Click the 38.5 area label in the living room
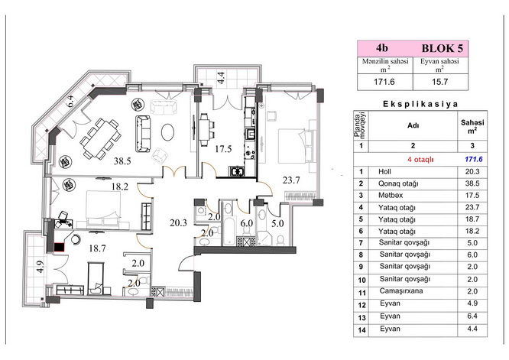click(122, 161)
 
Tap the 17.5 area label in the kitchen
click(223, 149)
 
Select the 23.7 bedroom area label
click(291, 180)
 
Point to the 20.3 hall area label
click(178, 222)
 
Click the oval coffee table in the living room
click(168, 131)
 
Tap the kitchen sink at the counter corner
click(236, 170)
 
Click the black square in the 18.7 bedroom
click(59, 248)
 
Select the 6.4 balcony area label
click(70, 102)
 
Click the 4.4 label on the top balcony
click(221, 78)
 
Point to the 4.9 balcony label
click(40, 267)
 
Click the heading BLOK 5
click(443, 48)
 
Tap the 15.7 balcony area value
click(440, 82)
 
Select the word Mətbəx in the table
click(391, 196)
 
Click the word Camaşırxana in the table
click(401, 291)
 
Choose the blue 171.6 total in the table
click(474, 160)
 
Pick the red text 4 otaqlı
click(420, 160)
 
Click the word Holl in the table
click(384, 172)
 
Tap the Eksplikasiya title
click(420, 104)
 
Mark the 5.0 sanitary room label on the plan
click(277, 223)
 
